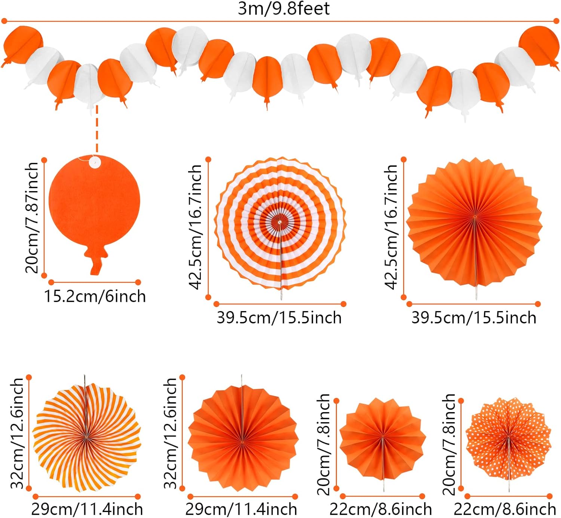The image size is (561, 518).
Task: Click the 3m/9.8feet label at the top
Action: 283,9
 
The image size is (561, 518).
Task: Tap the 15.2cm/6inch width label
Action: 95,296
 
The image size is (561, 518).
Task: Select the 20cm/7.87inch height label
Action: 32,217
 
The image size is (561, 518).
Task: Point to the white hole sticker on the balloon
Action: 95,162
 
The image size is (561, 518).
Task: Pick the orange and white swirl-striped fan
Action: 86,436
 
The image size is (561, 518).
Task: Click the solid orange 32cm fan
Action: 243,438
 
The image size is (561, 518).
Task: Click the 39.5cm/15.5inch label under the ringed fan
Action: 279,318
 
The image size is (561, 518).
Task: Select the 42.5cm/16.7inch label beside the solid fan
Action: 391,227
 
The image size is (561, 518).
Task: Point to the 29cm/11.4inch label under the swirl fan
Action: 87,509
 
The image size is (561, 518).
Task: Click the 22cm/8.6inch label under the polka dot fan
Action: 505,509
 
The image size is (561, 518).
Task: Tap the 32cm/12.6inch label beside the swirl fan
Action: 17,433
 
